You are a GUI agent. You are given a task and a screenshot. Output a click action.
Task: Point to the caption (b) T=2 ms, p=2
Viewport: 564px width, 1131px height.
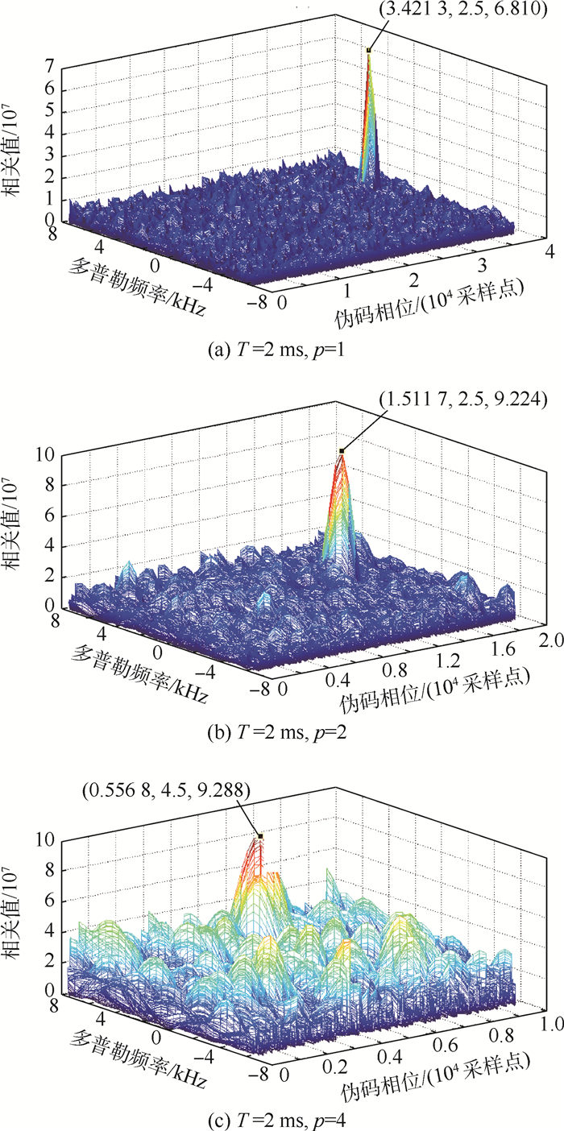click(281, 734)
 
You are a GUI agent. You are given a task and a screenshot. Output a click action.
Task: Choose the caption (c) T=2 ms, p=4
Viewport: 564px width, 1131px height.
click(281, 1116)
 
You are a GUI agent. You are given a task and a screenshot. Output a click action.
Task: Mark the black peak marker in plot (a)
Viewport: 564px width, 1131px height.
click(369, 50)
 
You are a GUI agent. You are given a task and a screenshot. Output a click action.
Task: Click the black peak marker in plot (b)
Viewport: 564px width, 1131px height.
click(342, 451)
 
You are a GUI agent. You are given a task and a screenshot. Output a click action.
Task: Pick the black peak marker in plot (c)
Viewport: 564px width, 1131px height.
click(260, 836)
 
